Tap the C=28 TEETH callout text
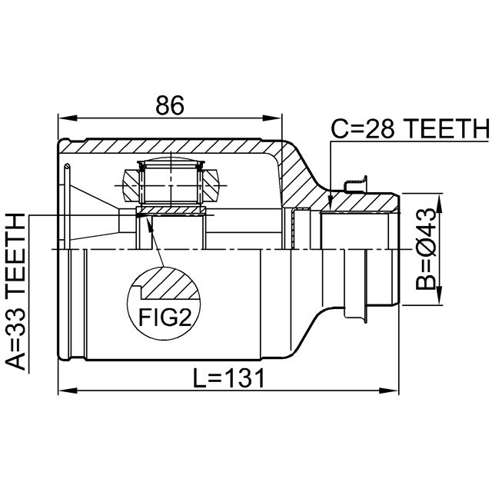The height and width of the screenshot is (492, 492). (409, 128)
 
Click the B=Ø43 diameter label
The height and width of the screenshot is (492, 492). (426, 251)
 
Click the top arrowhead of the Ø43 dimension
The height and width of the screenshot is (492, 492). (439, 201)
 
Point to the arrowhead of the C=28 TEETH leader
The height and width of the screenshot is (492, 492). (329, 206)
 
